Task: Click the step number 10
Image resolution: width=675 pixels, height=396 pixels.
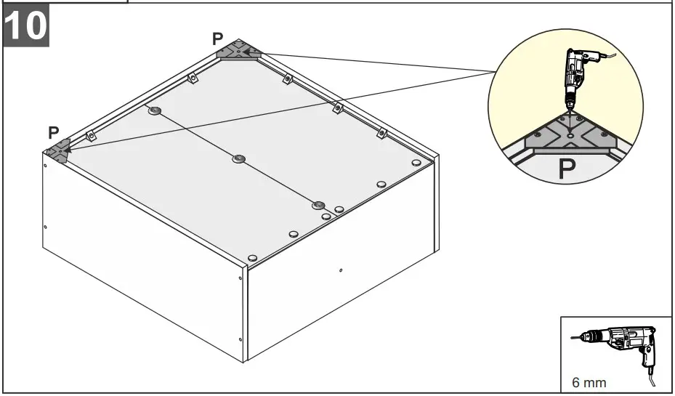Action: [x=26, y=26]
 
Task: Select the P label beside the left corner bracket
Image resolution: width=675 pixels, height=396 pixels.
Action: [x=53, y=132]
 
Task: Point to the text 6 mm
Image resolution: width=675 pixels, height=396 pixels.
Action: [x=589, y=382]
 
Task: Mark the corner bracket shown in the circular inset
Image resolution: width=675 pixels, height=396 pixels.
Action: [x=570, y=134]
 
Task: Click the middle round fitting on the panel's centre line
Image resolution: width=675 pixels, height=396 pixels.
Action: [x=239, y=159]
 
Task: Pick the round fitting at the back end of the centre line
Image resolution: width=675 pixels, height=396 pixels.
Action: [x=154, y=110]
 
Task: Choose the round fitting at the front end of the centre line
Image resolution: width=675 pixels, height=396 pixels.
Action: [x=318, y=206]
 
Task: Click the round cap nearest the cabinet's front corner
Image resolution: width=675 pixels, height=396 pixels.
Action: [x=252, y=258]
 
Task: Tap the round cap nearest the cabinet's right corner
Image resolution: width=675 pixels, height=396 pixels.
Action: [x=416, y=163]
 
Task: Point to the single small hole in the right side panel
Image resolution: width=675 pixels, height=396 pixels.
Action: [x=341, y=271]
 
